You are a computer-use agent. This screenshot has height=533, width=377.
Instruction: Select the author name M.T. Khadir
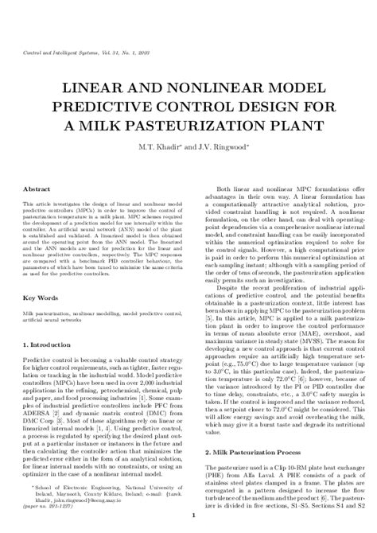[x=161, y=148]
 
